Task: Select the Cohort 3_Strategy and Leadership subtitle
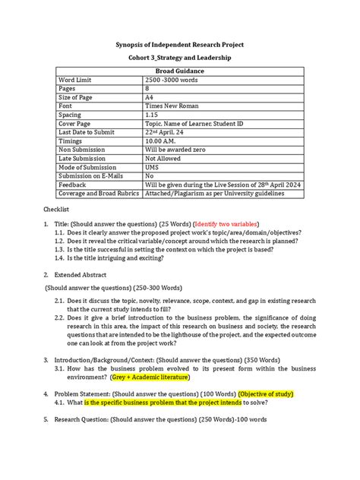point(180,58)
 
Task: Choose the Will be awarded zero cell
point(179,150)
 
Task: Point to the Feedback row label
point(74,185)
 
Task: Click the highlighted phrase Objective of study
point(271,393)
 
